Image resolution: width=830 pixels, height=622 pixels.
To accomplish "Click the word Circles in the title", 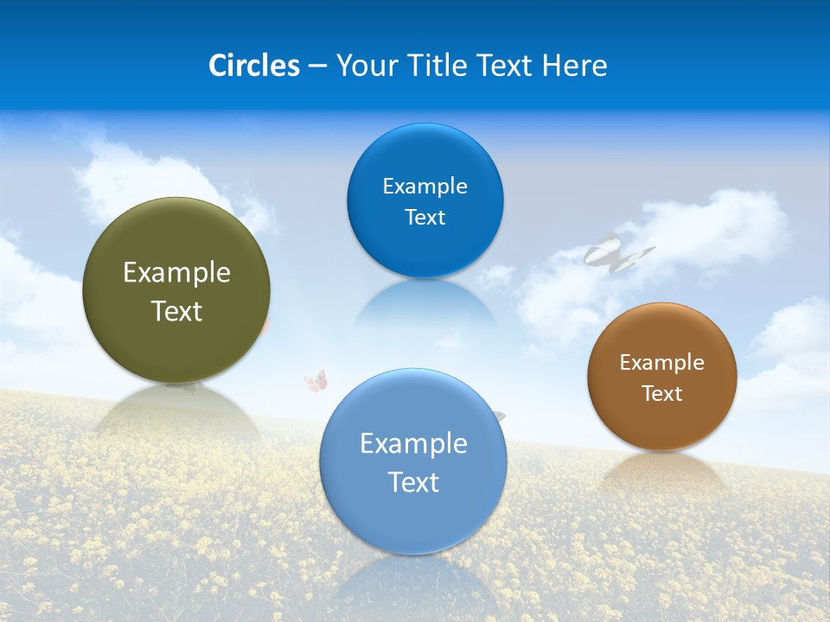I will click(253, 66).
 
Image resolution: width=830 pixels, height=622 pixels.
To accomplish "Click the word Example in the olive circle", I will click(176, 273).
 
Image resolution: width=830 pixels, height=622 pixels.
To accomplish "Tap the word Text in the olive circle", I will click(176, 311).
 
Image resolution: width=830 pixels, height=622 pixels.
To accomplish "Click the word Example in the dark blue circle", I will click(425, 187).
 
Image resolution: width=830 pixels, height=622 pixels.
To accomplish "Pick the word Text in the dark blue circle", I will click(425, 218).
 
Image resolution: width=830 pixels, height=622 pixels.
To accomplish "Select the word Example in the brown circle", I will click(661, 363).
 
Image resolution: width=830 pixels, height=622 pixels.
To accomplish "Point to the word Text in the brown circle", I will click(661, 394).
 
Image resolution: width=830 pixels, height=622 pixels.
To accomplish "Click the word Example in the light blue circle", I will click(413, 444).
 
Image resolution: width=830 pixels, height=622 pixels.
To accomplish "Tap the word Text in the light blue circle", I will click(413, 482).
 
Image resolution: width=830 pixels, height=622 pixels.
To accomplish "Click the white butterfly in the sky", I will click(616, 252).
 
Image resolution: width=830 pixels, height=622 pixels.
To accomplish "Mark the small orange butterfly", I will click(316, 380).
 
